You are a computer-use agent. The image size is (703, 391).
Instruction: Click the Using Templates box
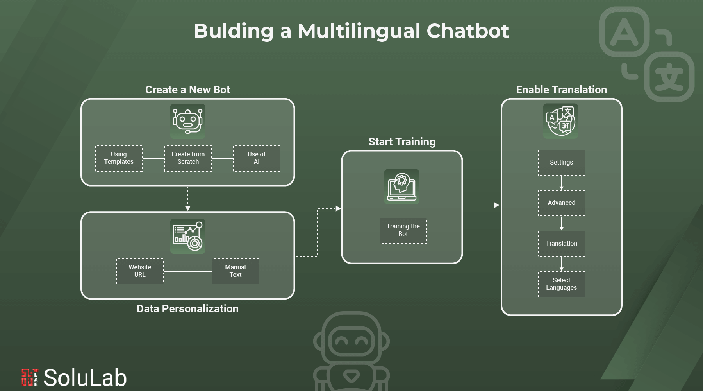119,158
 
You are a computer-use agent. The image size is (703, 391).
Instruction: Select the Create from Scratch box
188,158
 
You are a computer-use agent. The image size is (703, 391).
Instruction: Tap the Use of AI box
257,158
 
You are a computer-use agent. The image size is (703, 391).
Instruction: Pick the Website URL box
140,271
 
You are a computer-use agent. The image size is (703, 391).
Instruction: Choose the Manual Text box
236,271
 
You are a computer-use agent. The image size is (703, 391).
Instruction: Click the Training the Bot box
403,230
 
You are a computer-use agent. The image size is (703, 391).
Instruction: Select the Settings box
561,163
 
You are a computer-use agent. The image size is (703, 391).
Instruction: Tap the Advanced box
561,203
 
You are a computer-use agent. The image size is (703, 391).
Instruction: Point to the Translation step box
561,244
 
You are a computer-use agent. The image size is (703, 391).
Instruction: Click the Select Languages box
561,284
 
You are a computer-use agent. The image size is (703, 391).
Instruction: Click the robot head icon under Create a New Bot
188,121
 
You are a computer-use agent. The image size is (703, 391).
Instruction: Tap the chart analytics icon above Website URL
188,236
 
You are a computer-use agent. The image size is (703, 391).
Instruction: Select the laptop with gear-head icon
401,187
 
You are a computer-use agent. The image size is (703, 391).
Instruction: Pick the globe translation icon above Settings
560,121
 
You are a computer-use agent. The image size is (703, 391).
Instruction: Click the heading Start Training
402,142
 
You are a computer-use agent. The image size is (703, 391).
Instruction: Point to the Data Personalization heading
187,309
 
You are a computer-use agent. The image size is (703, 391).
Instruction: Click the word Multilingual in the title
359,31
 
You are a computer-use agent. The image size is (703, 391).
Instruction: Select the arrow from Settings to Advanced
561,183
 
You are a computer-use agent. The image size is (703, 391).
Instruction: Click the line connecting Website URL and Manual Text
187,271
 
